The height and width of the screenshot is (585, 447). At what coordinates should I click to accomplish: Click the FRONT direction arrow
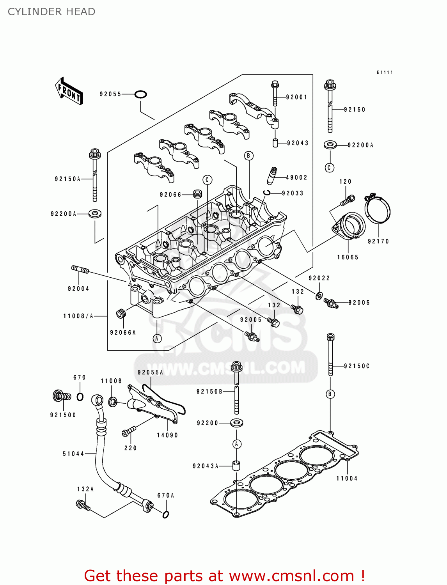(69, 91)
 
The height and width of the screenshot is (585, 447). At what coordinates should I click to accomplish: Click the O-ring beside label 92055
(140, 94)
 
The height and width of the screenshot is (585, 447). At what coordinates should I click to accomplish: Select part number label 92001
(297, 97)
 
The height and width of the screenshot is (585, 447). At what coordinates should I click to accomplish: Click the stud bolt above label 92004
(80, 269)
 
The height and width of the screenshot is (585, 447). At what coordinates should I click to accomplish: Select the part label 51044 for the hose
(73, 454)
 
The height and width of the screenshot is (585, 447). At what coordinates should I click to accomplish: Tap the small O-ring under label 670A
(165, 514)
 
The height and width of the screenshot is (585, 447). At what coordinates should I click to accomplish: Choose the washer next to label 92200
(236, 422)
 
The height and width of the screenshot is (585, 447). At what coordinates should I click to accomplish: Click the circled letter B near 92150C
(330, 394)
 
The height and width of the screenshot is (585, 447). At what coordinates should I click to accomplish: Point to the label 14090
(167, 435)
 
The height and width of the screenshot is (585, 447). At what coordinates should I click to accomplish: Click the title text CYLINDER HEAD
(51, 12)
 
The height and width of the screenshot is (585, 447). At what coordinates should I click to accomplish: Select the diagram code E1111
(385, 73)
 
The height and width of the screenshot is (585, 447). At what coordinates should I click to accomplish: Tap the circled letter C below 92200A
(330, 168)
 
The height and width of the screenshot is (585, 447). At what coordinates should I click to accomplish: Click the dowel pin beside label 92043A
(236, 466)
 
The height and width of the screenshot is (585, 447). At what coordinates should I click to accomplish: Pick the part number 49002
(297, 177)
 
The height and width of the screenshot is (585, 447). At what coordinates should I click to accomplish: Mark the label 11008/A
(78, 316)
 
